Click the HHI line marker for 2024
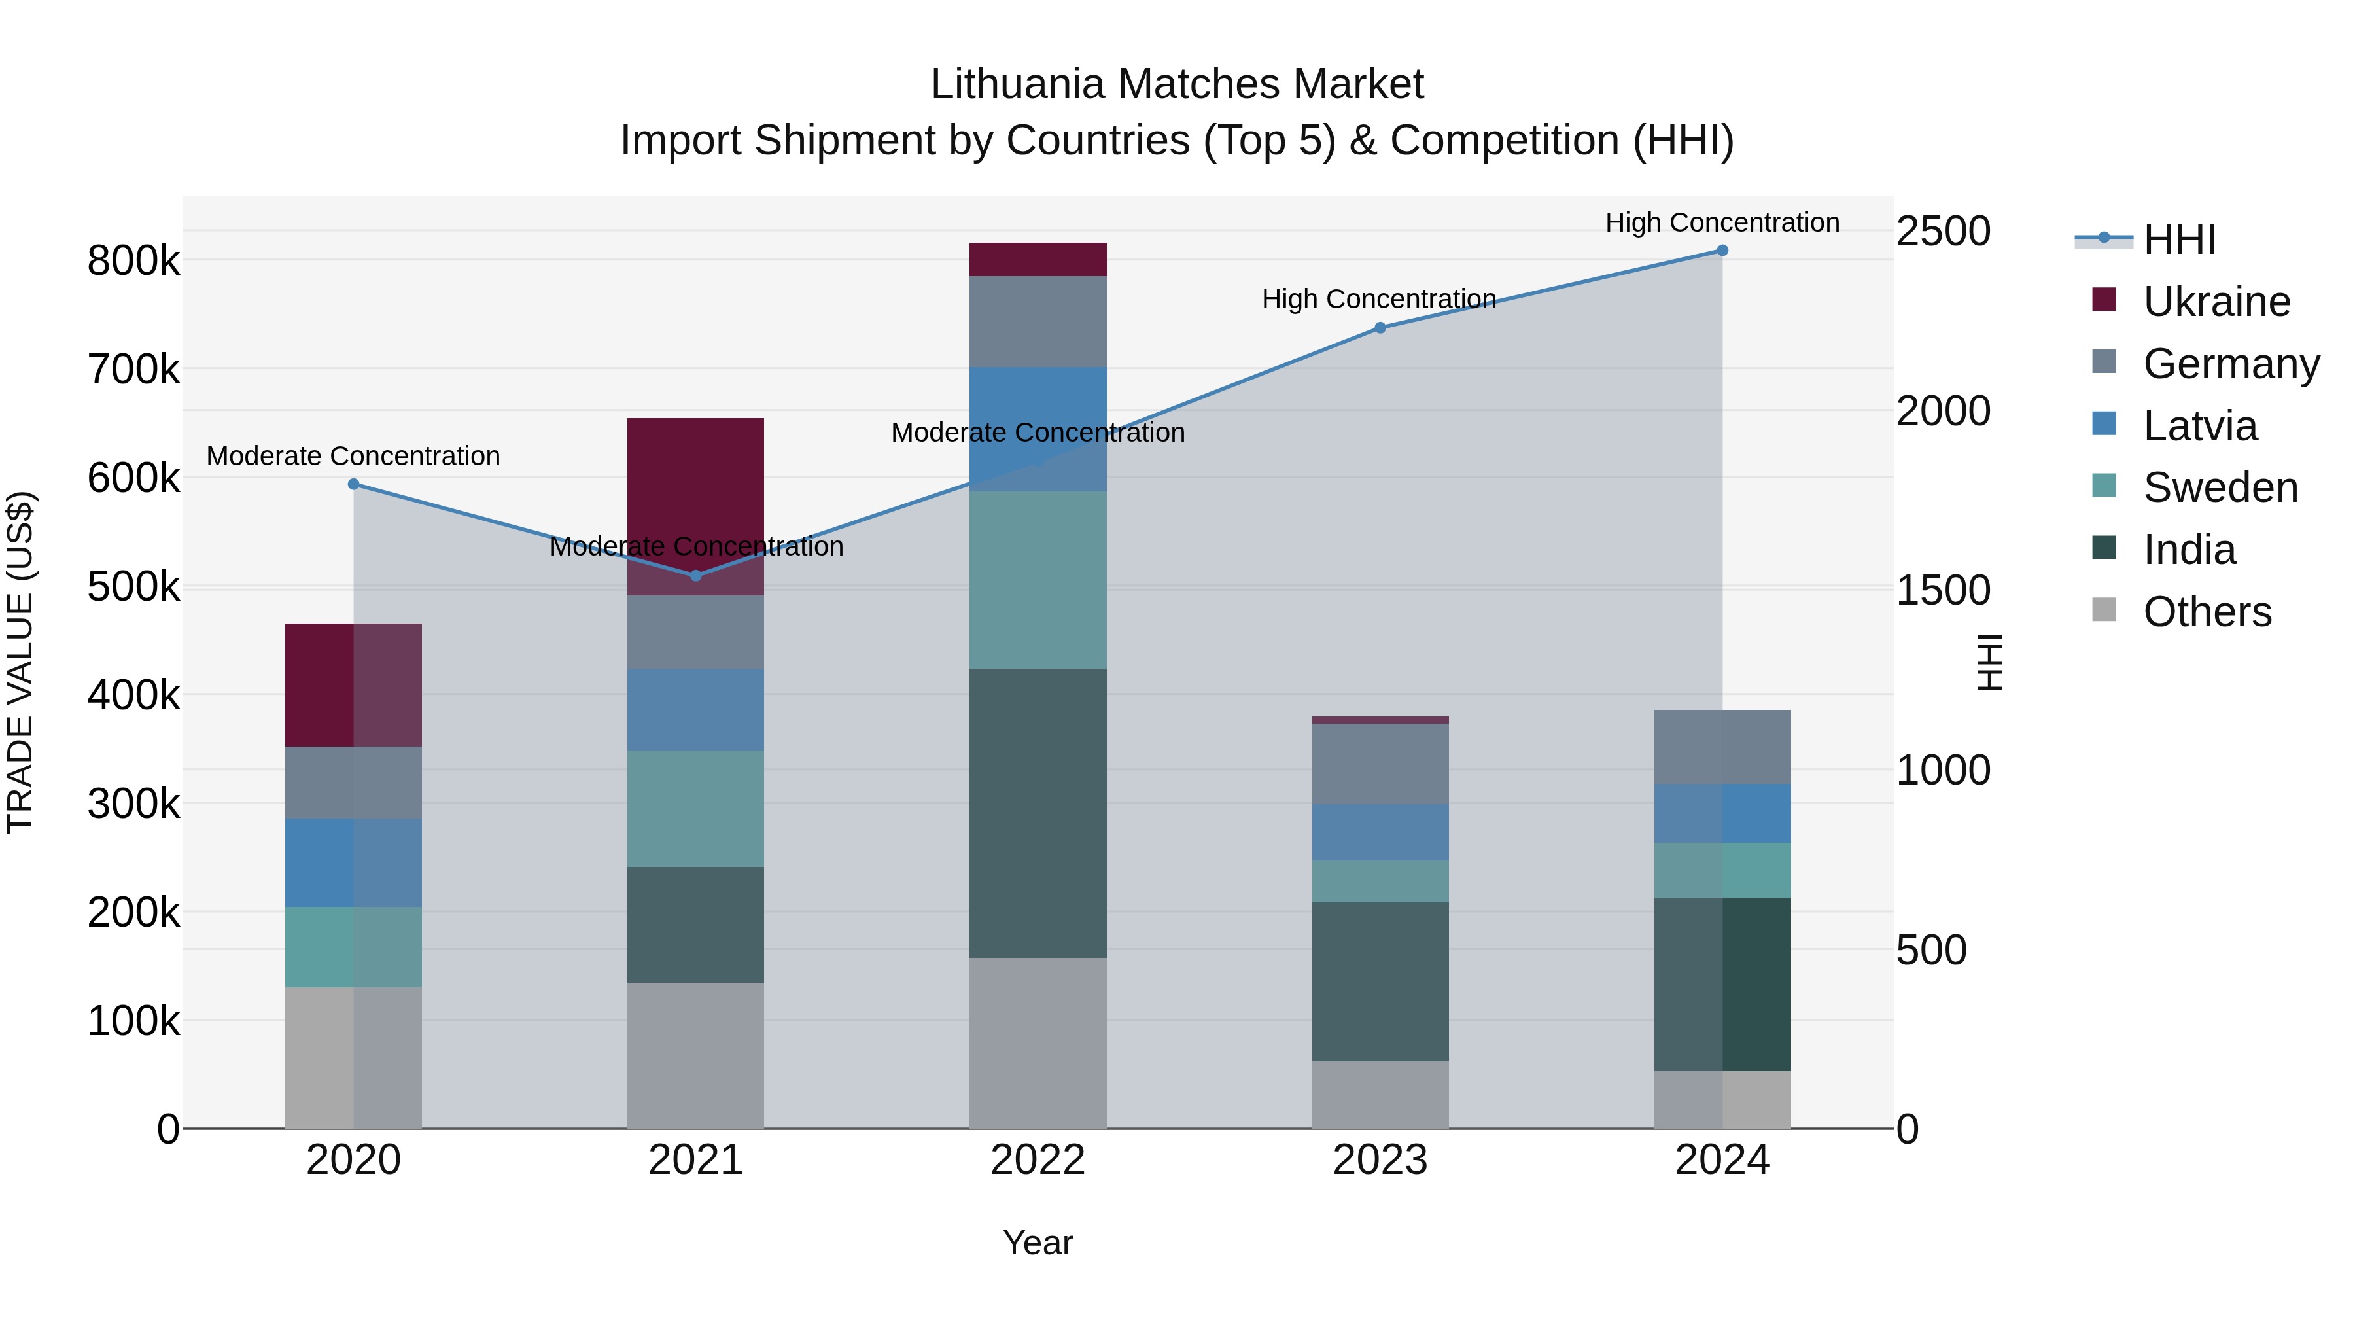point(1722,251)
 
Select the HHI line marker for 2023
point(1380,327)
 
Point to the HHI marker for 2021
point(696,575)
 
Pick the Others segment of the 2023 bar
point(1380,1095)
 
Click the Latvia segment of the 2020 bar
point(354,862)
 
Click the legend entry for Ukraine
point(2216,302)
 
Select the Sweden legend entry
point(2220,487)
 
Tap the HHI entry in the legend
point(2178,239)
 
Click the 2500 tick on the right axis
point(1943,232)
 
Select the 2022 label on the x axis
point(1038,1160)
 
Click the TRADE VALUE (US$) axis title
point(21,662)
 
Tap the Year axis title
point(1038,1243)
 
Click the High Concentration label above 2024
point(1722,222)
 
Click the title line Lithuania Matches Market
point(1177,84)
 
